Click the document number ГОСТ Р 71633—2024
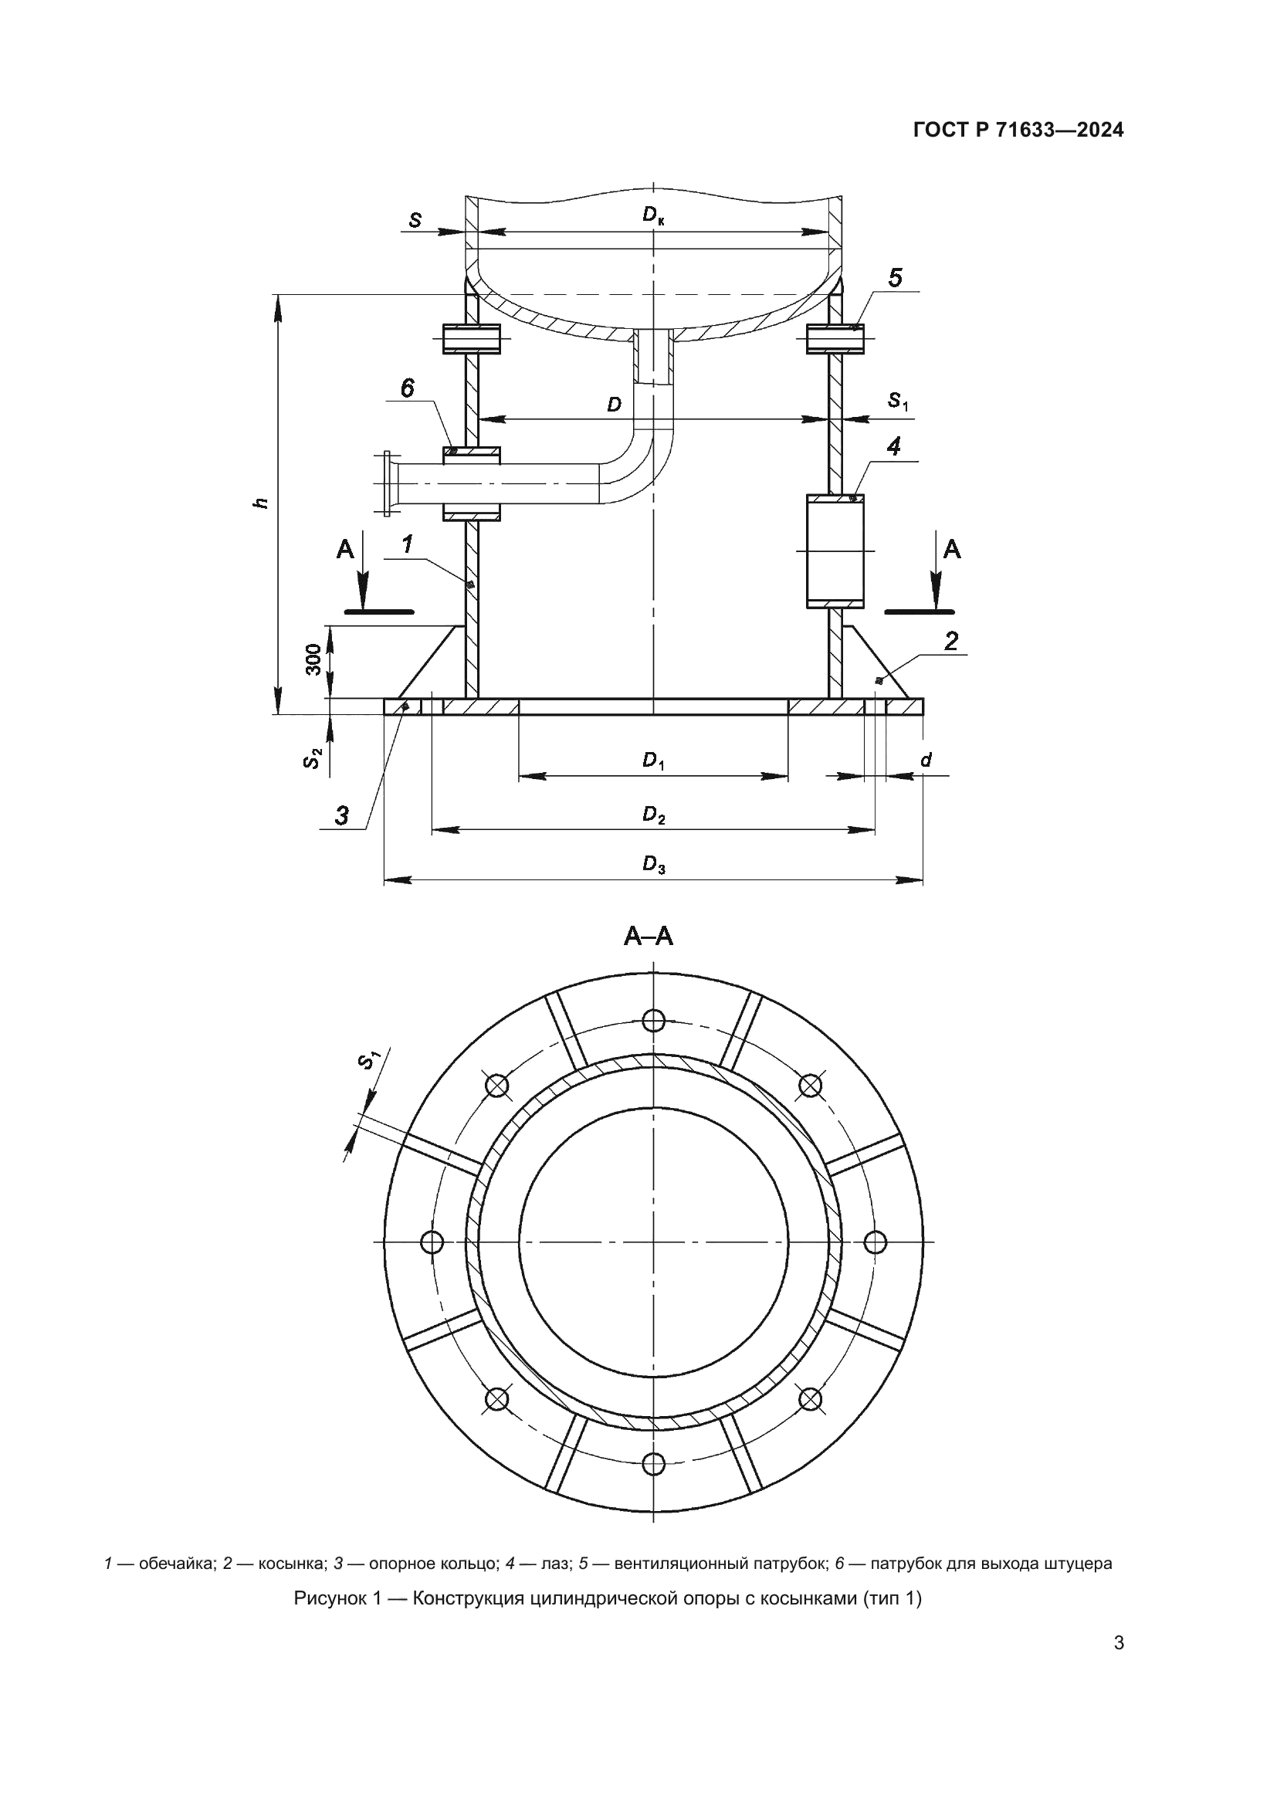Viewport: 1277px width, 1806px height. pyautogui.click(x=1018, y=130)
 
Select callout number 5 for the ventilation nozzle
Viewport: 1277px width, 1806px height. pyautogui.click(x=895, y=278)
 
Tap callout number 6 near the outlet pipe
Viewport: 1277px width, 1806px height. pyautogui.click(x=408, y=388)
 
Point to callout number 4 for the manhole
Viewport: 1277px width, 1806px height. pyautogui.click(x=893, y=447)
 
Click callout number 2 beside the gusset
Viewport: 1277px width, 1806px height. pyautogui.click(x=951, y=641)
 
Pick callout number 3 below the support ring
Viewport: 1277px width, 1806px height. pyautogui.click(x=342, y=815)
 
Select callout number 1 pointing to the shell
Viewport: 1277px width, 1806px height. pyautogui.click(x=408, y=544)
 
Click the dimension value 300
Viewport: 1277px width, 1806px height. pyautogui.click(x=313, y=659)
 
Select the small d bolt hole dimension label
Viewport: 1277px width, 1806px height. pyautogui.click(x=926, y=760)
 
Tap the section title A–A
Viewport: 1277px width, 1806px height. pyautogui.click(x=649, y=937)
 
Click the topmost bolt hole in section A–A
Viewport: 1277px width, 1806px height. pyautogui.click(x=653, y=1020)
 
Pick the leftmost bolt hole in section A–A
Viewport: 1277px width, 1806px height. pyautogui.click(x=432, y=1242)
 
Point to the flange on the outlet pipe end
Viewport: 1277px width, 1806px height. pyautogui.click(x=387, y=484)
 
